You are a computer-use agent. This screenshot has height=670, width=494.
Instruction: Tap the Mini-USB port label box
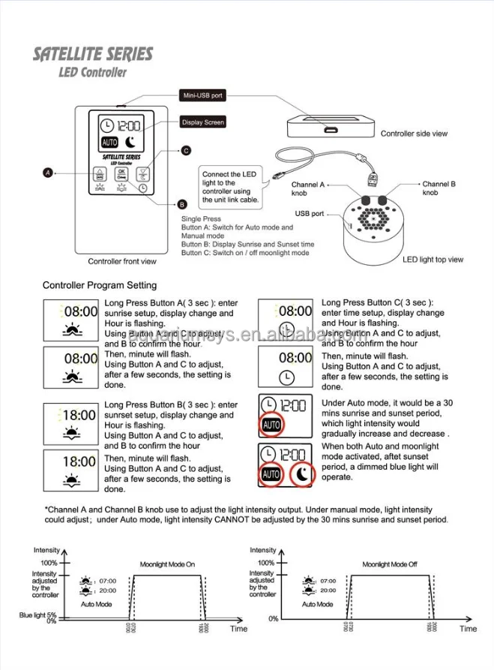[201, 96]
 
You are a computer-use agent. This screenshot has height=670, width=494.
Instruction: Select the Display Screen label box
[202, 122]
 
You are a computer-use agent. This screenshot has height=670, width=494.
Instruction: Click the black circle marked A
[47, 173]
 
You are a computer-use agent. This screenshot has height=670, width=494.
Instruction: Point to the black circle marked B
[181, 204]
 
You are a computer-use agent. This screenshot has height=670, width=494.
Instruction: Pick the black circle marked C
[186, 150]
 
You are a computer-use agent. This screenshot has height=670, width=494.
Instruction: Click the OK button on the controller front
[121, 174]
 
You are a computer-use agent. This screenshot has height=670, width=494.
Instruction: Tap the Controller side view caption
[414, 134]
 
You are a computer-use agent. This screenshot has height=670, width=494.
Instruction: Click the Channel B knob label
[439, 188]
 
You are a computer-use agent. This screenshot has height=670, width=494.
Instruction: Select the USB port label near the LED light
[310, 214]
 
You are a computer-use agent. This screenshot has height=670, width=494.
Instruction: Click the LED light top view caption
[433, 260]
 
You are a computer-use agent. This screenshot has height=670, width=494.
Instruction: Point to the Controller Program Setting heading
[100, 285]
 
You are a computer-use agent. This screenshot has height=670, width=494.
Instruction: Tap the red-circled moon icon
[302, 474]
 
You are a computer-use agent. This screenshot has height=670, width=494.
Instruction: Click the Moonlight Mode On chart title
[167, 564]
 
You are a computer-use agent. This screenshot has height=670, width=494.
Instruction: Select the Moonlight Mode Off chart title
[390, 564]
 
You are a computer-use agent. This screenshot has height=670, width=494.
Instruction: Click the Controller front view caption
[122, 262]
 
